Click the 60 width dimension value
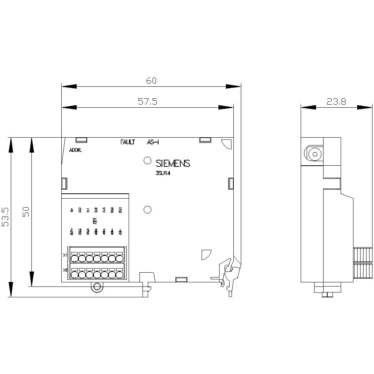coord(151,80)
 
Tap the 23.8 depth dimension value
coord(336,101)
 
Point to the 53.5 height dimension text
coord(6,217)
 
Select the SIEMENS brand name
coord(173,163)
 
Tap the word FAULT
coord(128,142)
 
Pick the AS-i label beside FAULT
coord(153,142)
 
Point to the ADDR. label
coord(76,151)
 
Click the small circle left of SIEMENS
coord(147,161)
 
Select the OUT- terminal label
coord(72,232)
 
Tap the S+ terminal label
coord(72,211)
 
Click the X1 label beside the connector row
coord(65,255)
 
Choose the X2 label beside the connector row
coord(65,270)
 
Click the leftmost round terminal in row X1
coord(74,259)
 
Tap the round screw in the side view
coord(313,154)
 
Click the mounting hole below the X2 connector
coord(97,287)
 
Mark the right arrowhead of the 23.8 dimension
coord(364,107)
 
